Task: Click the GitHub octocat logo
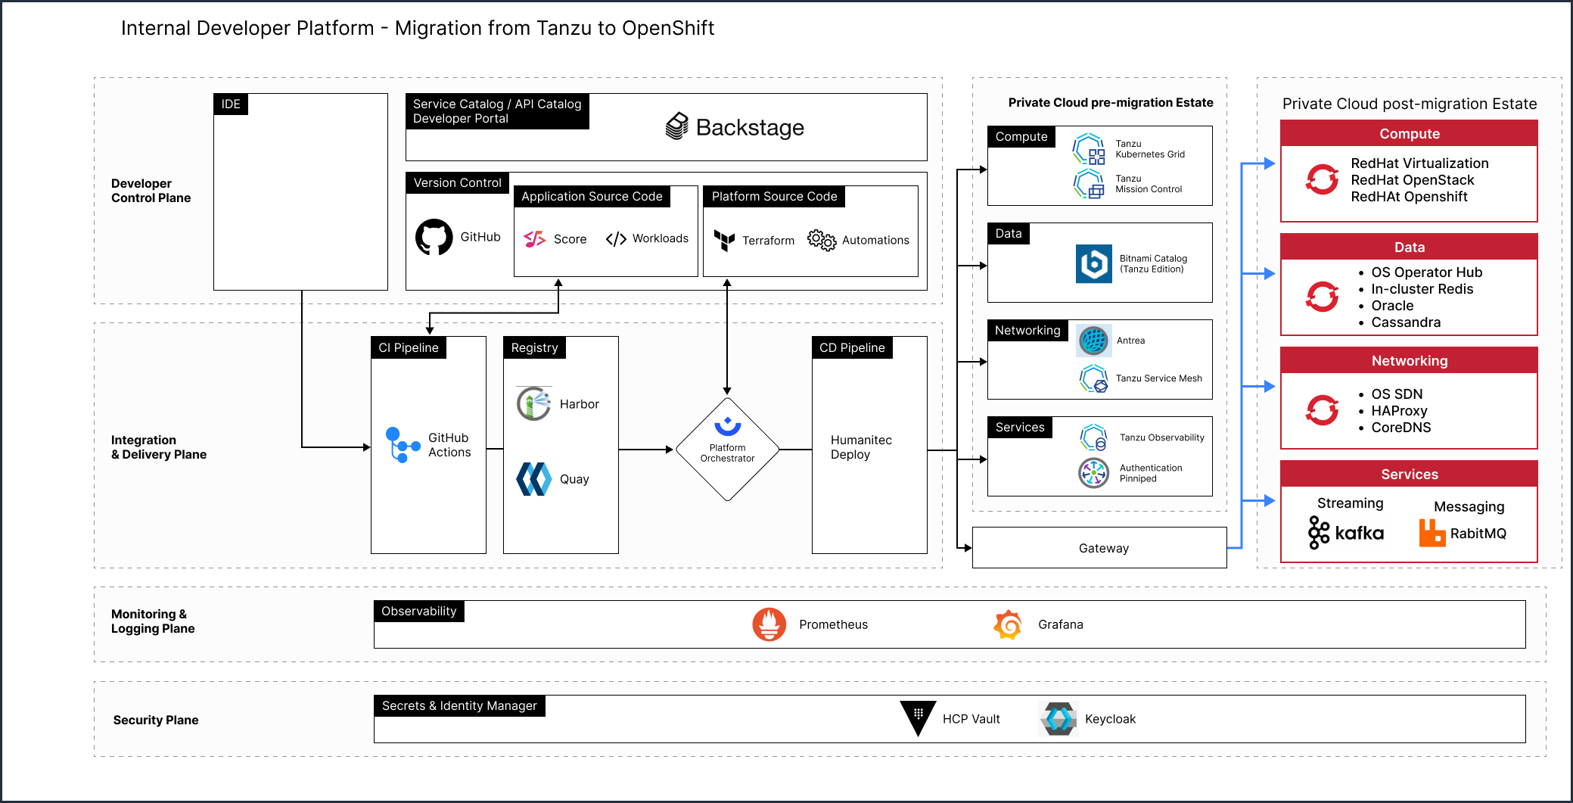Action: (x=434, y=238)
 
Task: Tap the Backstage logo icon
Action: (x=676, y=126)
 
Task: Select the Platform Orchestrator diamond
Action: (x=727, y=450)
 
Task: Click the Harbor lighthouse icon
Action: (x=533, y=403)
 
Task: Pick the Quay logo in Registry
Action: (x=533, y=479)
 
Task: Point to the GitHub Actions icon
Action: (x=402, y=445)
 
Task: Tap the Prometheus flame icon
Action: (x=769, y=624)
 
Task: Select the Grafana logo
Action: (x=1008, y=624)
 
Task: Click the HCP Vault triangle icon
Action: (x=918, y=716)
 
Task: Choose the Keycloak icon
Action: (x=1059, y=719)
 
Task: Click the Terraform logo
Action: (x=724, y=240)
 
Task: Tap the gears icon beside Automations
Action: (x=821, y=240)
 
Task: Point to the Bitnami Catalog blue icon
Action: (x=1093, y=263)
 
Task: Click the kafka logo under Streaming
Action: (x=1346, y=533)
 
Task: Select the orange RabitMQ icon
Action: (x=1432, y=534)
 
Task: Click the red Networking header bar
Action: (x=1409, y=361)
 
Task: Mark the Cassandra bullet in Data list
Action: (x=1405, y=322)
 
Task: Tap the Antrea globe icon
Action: (x=1093, y=341)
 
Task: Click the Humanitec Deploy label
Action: (x=861, y=447)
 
